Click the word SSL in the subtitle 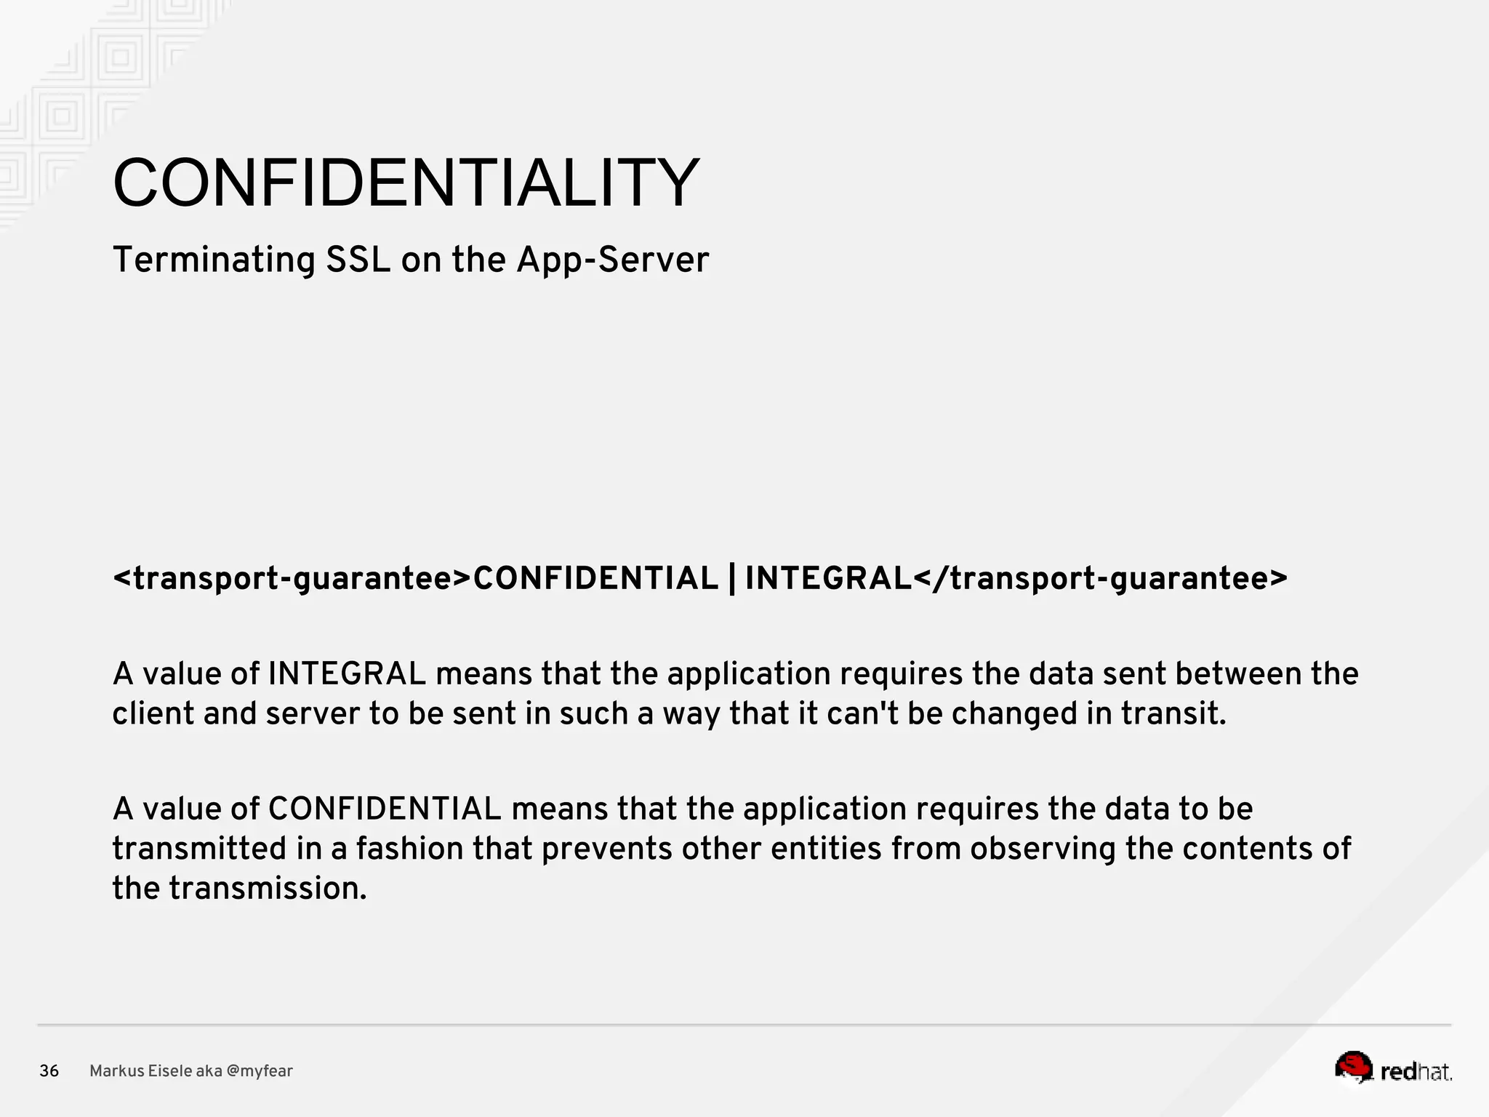pyautogui.click(x=358, y=260)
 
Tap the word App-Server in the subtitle pyautogui.click(x=612, y=260)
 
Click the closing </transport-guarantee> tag pyautogui.click(x=1099, y=579)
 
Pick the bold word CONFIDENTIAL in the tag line pyautogui.click(x=595, y=579)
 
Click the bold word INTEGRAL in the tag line pyautogui.click(x=828, y=579)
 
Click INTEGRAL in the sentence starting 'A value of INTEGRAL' pyautogui.click(x=347, y=673)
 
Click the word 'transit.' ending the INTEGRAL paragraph pyautogui.click(x=1173, y=713)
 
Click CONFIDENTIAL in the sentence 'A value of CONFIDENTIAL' pyautogui.click(x=385, y=809)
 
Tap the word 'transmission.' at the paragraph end pyautogui.click(x=268, y=889)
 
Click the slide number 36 pyautogui.click(x=49, y=1071)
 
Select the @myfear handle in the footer pyautogui.click(x=260, y=1071)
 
